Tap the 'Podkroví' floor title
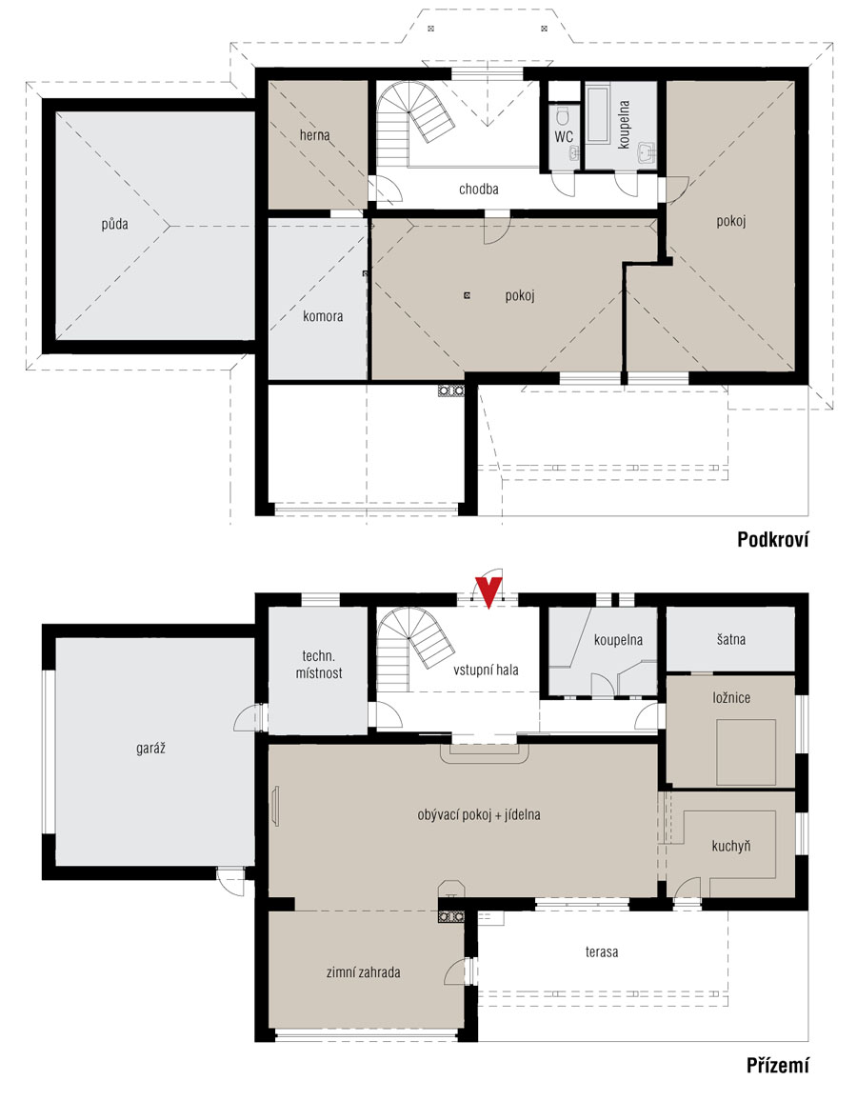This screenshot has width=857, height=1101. [x=773, y=539]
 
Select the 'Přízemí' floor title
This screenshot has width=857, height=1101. [x=777, y=1065]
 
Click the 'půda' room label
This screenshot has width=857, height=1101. [x=114, y=225]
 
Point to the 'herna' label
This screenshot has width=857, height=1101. [x=314, y=135]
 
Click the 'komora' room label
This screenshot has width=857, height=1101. [x=323, y=316]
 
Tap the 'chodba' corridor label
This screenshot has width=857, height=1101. [x=479, y=189]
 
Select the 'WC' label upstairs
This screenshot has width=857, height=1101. [x=564, y=137]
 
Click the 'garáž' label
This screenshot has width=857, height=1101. [x=150, y=749]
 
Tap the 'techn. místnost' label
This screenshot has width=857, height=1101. [x=319, y=664]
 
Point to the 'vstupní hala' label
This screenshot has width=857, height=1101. [x=486, y=670]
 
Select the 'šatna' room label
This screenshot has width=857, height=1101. [x=731, y=640]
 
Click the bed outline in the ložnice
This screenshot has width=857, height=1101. [x=747, y=752]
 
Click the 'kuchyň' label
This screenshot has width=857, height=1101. [x=730, y=846]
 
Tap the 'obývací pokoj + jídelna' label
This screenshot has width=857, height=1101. [x=479, y=815]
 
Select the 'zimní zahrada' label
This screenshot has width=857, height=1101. [x=363, y=972]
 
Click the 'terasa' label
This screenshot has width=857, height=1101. [x=602, y=952]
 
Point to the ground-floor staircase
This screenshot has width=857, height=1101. [x=410, y=650]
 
